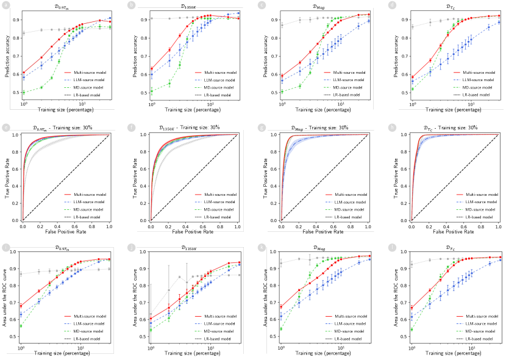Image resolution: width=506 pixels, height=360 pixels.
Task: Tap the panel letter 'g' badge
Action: (262, 127)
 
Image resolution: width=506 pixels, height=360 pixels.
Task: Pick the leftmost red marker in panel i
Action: (21, 306)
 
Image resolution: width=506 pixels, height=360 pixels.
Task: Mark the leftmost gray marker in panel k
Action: (281, 264)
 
